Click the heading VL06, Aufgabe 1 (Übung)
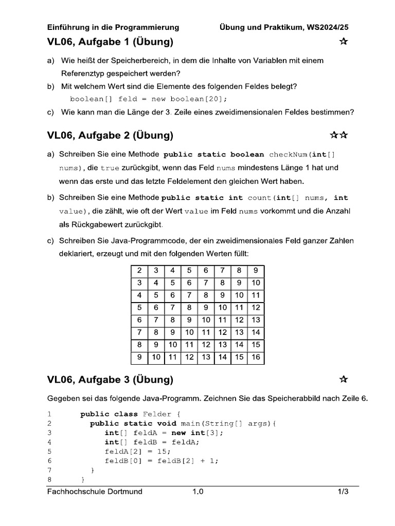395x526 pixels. pos(110,42)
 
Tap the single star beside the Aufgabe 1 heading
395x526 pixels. pos(344,42)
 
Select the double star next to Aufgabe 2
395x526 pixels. pos(339,135)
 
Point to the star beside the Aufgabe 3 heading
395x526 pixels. pos(344,380)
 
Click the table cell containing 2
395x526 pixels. pos(139,271)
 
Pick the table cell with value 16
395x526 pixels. pos(256,357)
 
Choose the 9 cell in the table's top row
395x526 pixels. pos(256,271)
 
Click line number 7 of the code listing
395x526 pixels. pos(49,469)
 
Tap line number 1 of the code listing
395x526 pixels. pos(49,414)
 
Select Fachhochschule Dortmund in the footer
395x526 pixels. pos(95,492)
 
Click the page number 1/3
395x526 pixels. pos(343,492)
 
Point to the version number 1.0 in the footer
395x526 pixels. pos(198,492)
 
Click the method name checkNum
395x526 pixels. pos(291,154)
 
